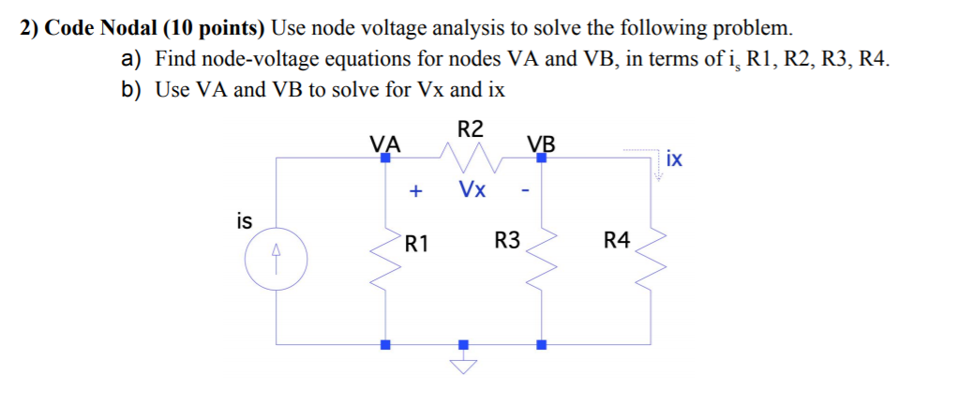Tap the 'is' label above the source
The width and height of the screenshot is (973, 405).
(x=245, y=221)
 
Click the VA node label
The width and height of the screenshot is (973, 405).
(x=384, y=144)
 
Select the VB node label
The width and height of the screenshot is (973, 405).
(x=541, y=144)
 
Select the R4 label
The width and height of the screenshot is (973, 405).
(x=617, y=241)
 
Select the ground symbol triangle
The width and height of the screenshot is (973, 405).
(x=462, y=366)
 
